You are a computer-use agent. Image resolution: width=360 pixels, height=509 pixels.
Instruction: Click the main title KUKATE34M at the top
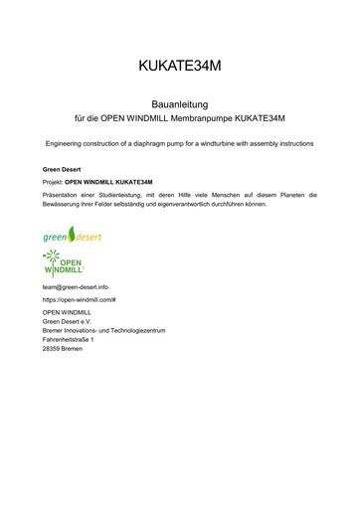click(x=180, y=67)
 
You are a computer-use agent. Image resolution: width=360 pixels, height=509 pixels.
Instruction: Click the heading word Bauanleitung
click(x=179, y=102)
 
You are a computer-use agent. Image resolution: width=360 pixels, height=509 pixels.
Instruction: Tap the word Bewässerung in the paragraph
click(x=64, y=206)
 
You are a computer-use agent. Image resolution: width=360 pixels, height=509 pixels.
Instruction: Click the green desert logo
click(x=72, y=238)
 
